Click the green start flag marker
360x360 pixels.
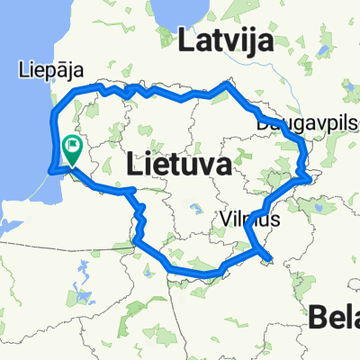[72, 145]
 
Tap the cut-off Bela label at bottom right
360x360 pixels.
[335, 316]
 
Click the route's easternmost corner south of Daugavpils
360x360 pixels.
[310, 177]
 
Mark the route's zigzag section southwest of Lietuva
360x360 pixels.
[139, 221]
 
